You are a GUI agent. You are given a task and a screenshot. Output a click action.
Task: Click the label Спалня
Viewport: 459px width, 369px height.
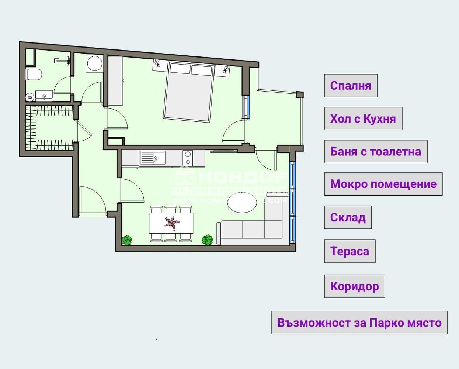click(x=351, y=86)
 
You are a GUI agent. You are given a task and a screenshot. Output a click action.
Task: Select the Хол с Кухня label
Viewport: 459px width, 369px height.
click(x=363, y=119)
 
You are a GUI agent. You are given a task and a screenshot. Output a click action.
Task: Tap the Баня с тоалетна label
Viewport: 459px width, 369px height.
click(x=376, y=152)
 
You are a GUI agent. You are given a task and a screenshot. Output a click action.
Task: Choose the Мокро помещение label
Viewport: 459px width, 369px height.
click(x=383, y=184)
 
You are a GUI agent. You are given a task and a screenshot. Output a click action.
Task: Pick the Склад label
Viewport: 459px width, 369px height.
click(x=348, y=217)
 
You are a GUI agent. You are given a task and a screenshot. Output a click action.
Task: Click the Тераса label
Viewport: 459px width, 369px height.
click(x=350, y=251)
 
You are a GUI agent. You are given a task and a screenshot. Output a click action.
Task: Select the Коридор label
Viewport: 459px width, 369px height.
click(x=354, y=286)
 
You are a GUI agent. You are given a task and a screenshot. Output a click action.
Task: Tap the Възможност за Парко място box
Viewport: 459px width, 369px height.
click(x=359, y=323)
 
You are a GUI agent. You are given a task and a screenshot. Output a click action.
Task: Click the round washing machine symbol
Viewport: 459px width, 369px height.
click(x=95, y=63)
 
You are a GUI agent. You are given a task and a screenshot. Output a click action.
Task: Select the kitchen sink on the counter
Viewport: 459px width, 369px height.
click(x=152, y=158)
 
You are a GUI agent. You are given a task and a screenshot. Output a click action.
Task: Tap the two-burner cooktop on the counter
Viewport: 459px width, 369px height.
click(x=188, y=158)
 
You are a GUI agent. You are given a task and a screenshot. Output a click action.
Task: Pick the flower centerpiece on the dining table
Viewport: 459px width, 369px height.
click(x=171, y=223)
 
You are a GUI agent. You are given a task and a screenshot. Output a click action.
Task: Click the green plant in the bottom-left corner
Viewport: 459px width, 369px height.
click(x=127, y=240)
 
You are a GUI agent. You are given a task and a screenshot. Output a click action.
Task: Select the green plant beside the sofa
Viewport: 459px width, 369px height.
click(x=208, y=240)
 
